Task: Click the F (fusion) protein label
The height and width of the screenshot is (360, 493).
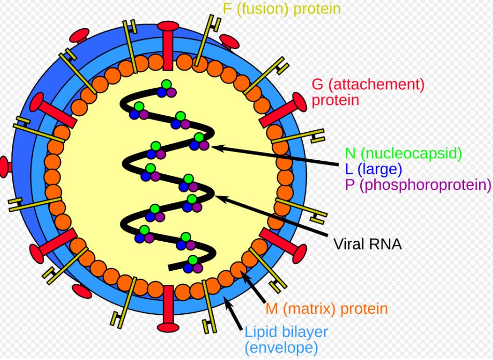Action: coord(281,8)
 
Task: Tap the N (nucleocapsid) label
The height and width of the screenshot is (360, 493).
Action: coord(403,153)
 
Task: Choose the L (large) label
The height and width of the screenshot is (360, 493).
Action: coord(374,169)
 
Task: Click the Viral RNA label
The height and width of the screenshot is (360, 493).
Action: coord(367,244)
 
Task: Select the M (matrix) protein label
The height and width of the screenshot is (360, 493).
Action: coord(327,309)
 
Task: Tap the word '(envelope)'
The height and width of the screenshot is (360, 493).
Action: coord(281,348)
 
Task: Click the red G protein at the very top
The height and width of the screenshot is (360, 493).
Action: coord(168,45)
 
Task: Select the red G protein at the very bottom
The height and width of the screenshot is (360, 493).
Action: coord(168,309)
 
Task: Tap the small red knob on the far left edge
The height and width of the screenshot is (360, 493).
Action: coord(5,167)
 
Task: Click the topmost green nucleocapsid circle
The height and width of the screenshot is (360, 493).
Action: coord(166,85)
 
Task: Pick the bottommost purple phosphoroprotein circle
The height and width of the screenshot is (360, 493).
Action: coord(198,268)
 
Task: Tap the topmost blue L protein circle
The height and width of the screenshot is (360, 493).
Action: coord(162,92)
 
